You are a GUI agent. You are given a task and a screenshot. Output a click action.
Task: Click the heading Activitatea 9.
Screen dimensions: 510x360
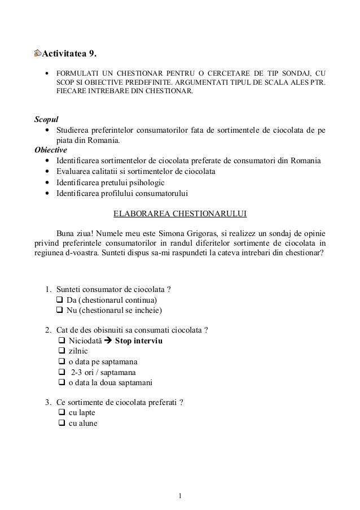click(x=72, y=54)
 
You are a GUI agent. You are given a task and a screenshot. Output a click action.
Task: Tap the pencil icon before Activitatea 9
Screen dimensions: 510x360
click(x=38, y=54)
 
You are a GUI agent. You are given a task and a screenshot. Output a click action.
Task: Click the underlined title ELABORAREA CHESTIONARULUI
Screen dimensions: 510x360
click(x=180, y=214)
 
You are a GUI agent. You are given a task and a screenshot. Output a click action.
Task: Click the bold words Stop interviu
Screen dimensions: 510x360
click(x=139, y=341)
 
